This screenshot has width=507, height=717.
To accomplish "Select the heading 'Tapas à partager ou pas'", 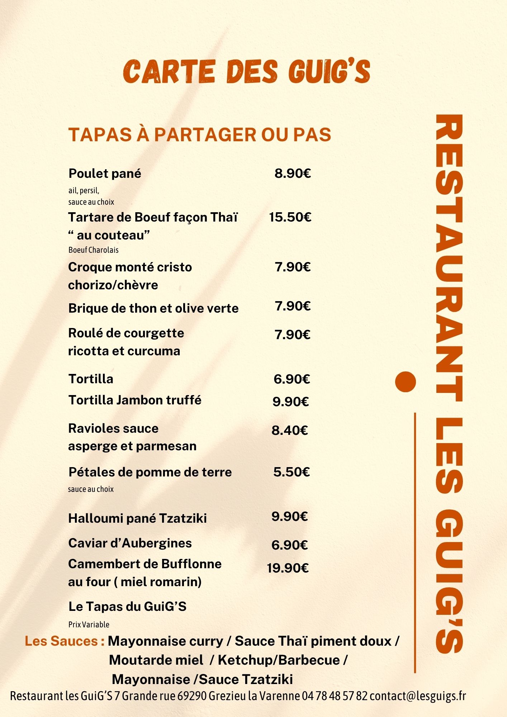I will point(199,134).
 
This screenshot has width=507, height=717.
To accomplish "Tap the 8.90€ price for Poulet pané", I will point(293,174).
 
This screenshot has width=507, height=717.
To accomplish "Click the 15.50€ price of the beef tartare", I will point(290,217).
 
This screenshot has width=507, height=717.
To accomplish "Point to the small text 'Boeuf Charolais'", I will point(93,250).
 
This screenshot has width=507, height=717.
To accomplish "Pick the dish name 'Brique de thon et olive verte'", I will point(153,308).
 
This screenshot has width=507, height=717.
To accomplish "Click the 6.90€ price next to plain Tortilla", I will point(292,379).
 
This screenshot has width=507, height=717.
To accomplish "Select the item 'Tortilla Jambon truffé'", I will point(135,400).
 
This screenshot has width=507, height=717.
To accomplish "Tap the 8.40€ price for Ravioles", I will point(290,430).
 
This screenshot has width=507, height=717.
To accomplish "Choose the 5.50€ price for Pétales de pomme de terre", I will point(291,472).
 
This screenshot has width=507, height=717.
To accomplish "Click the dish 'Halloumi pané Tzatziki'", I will point(137,518).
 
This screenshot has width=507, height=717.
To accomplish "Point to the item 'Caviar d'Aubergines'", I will point(130,543).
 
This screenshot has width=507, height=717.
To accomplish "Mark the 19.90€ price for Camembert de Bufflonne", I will point(288,568).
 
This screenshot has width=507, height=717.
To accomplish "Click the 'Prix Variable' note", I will point(89,625).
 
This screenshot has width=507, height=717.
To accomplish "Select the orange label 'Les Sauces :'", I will point(65,641).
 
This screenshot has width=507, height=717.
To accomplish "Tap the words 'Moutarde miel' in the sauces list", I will point(156,660).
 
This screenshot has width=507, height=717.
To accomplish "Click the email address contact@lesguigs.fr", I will point(418,696).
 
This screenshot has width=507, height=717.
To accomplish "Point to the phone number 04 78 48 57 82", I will point(335,696).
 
